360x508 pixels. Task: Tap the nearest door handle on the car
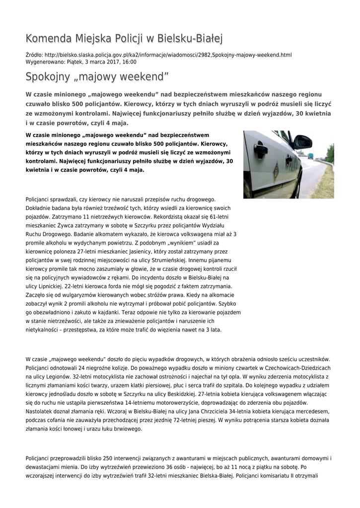click(x=261, y=149)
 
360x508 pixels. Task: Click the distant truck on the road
click(x=311, y=155)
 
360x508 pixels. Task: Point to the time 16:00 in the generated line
click(x=130, y=62)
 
